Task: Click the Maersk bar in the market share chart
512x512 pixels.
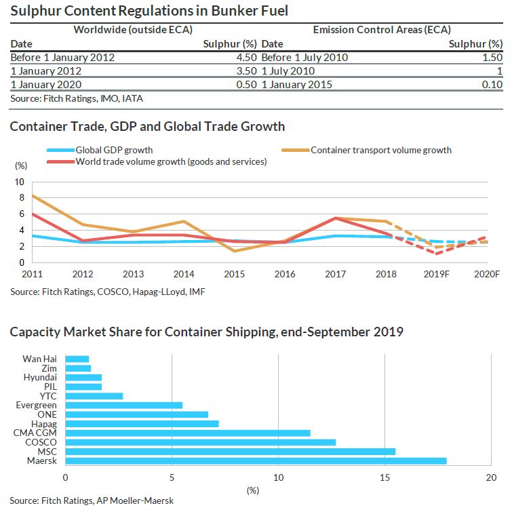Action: (256, 460)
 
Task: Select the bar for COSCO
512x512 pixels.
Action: (200, 442)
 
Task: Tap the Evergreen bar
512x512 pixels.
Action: (123, 405)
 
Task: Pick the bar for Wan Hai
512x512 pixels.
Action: (77, 359)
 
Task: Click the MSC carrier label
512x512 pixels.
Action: (45, 452)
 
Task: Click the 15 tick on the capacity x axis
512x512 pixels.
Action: (385, 477)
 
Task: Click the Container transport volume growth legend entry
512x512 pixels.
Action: (380, 150)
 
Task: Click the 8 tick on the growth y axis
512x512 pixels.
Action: (19, 197)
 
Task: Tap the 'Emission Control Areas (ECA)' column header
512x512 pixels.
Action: (382, 29)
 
